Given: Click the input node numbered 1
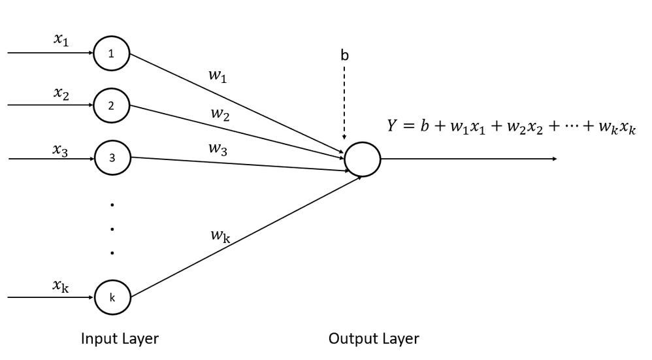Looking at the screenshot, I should tap(112, 54).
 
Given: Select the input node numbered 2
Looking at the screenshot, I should tap(112, 106).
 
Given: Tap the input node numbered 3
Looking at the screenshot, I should tap(112, 157).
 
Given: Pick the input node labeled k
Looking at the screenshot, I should tap(112, 297).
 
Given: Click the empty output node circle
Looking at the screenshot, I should tap(362, 159).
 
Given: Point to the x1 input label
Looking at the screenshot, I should tap(61, 40).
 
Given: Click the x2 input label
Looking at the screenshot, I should tap(61, 93).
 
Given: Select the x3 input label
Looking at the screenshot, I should tap(61, 149).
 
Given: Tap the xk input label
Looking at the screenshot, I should tap(61, 286).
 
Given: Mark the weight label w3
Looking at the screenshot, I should tap(218, 148).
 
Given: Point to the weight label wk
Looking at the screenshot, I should tap(220, 236).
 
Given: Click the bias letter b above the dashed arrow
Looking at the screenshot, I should tap(345, 56).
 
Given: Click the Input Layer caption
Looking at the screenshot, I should tap(120, 338).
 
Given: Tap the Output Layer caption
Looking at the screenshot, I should tap(374, 338).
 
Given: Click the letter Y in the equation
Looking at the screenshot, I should tap(391, 127).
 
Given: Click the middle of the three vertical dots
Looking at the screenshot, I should tap(112, 229).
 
